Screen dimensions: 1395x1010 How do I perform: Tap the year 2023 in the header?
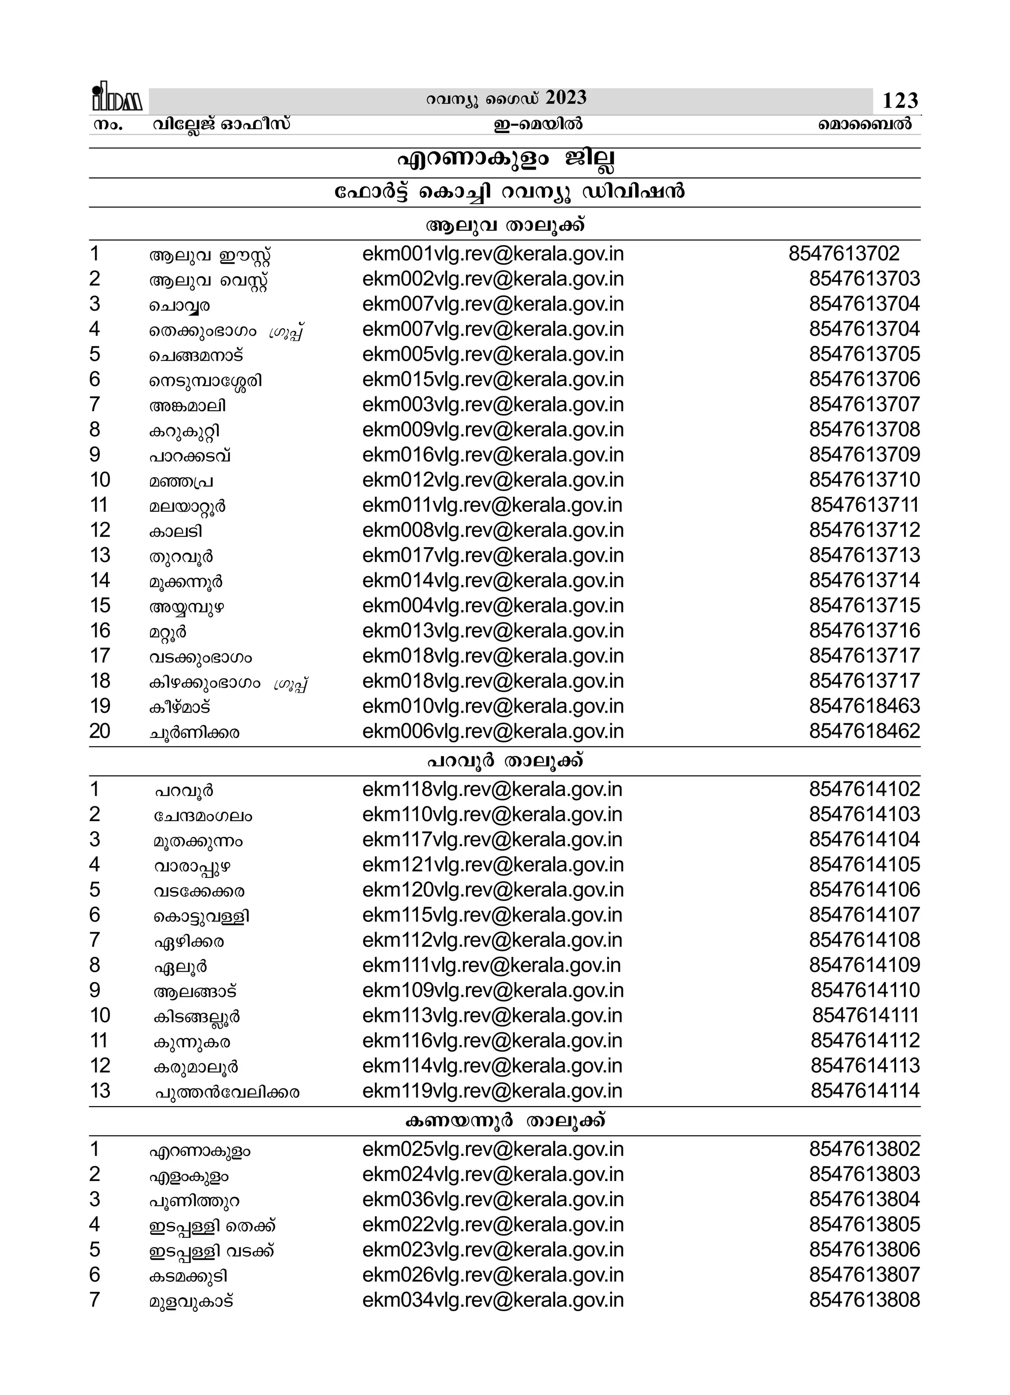566,98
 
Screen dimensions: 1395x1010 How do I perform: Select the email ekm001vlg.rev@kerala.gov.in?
492,254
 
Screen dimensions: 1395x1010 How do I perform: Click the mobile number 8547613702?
844,254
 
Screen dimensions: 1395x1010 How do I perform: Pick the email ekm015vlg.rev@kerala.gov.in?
492,380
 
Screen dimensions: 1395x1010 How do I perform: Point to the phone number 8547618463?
864,706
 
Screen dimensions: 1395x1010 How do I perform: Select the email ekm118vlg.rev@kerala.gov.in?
492,789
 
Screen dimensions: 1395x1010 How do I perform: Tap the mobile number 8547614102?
864,789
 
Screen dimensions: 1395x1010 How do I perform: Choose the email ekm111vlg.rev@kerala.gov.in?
491,965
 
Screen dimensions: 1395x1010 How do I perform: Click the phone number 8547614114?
865,1090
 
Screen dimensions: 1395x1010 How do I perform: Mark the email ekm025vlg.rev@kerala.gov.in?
492,1149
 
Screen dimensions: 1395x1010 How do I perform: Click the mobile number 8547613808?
864,1300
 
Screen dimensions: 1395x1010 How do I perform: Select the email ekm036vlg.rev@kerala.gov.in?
492,1199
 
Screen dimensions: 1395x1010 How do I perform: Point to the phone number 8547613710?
864,480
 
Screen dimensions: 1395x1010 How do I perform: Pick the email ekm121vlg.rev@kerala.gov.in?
492,865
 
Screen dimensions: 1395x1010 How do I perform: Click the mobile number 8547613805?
864,1224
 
